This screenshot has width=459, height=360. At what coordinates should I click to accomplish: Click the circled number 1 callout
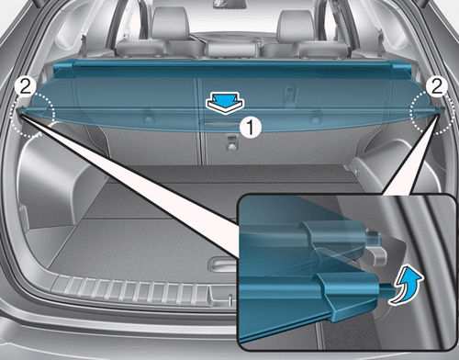pyautogui.click(x=251, y=127)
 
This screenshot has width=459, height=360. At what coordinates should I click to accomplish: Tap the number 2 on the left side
pyautogui.click(x=26, y=87)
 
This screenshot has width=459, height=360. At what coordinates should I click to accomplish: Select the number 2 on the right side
pyautogui.click(x=437, y=86)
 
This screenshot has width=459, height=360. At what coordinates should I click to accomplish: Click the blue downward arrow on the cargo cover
pyautogui.click(x=225, y=103)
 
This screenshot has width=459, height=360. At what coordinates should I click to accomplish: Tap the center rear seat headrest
pyautogui.click(x=231, y=49)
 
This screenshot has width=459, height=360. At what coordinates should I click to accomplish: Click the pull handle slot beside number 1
pyautogui.click(x=219, y=123)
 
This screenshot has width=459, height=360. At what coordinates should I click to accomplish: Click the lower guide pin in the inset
pyautogui.click(x=386, y=289)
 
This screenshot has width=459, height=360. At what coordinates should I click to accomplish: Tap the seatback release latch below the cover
pyautogui.click(x=231, y=142)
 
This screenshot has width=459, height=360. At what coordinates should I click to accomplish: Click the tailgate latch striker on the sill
pyautogui.click(x=230, y=298)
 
